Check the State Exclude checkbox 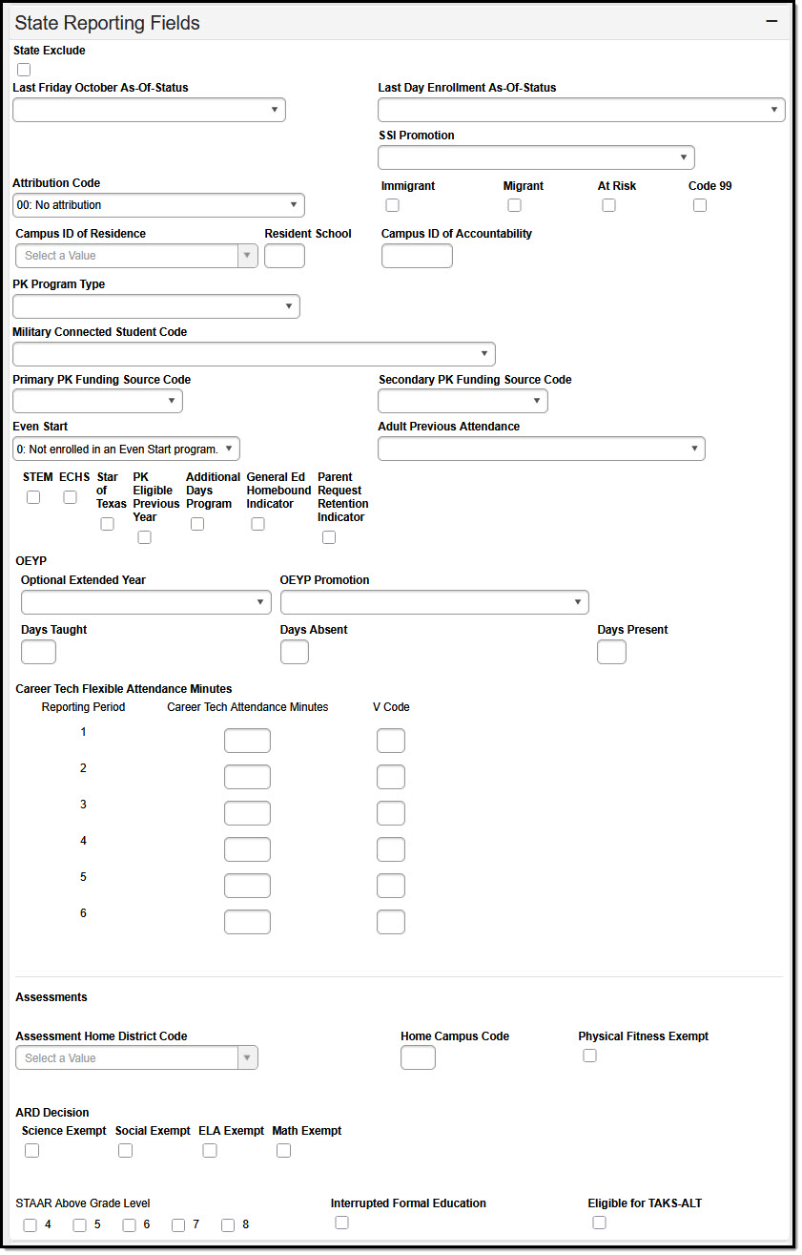24,70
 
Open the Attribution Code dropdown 158,205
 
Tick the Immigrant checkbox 392,205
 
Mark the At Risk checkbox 608,205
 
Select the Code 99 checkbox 700,205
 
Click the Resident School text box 284,256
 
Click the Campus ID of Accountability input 417,256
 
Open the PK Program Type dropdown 156,306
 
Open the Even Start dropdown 126,449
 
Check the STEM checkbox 33,497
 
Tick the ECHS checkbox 70,497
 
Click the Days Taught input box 38,652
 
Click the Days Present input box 611,652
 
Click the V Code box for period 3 391,813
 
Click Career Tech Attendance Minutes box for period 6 247,922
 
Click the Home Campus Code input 418,1057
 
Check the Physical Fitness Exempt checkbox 589,1056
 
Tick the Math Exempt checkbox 283,1151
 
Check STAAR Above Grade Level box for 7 178,1225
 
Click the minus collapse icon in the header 771,22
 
